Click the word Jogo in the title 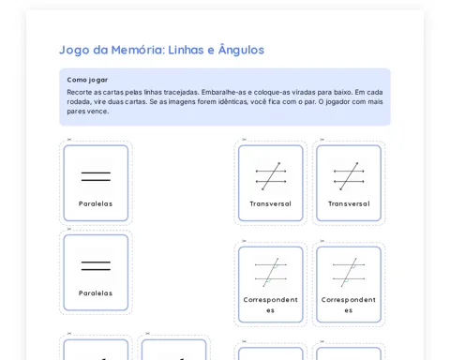[74, 51]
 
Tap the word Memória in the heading [138, 50]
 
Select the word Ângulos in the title [241, 50]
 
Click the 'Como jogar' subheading [87, 80]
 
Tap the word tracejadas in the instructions [184, 92]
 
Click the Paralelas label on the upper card [96, 203]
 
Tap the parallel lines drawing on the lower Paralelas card [96, 265]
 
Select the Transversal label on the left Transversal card [271, 203]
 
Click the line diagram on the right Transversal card [349, 176]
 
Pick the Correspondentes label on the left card [271, 305]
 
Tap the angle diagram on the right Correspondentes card [349, 272]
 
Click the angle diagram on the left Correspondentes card [271, 272]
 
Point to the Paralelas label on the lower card [96, 293]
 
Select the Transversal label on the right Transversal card [349, 203]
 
